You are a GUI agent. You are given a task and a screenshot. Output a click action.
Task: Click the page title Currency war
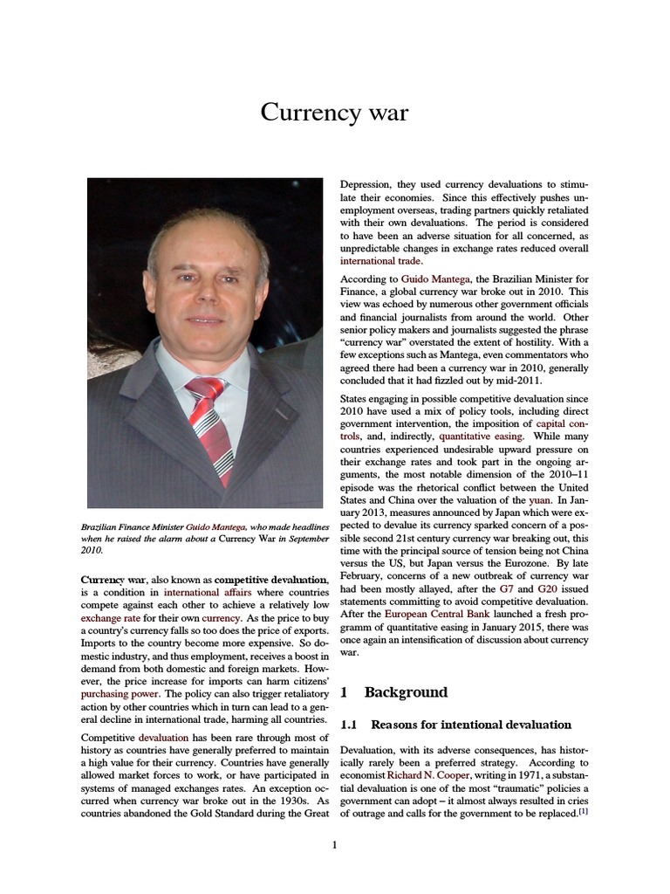(x=335, y=113)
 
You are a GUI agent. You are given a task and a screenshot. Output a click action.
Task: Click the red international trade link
(x=381, y=260)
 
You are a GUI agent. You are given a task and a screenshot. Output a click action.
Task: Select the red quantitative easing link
(x=482, y=435)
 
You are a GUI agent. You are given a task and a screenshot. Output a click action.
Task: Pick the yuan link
(x=540, y=500)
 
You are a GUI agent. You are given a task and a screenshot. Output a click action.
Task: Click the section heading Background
(x=406, y=692)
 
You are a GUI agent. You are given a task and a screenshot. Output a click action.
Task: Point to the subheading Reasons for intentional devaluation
(x=471, y=725)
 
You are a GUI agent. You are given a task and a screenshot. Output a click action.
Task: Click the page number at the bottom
(x=335, y=844)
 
